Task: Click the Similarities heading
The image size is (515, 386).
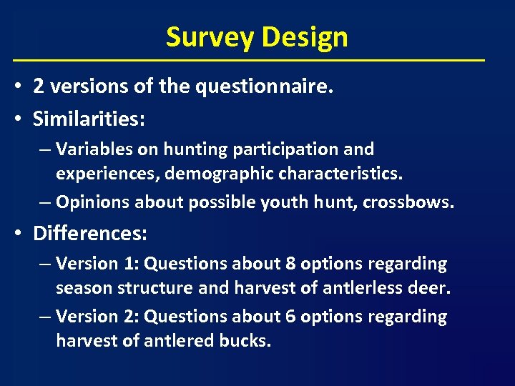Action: point(89,119)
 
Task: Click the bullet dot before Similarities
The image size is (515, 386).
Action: point(21,119)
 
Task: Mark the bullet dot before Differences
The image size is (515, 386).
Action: point(21,234)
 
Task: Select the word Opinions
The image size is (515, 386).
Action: point(91,202)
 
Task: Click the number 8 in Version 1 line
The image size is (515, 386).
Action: point(290,264)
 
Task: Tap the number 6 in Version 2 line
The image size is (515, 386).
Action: point(290,317)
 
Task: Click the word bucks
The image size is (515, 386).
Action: point(251,341)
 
